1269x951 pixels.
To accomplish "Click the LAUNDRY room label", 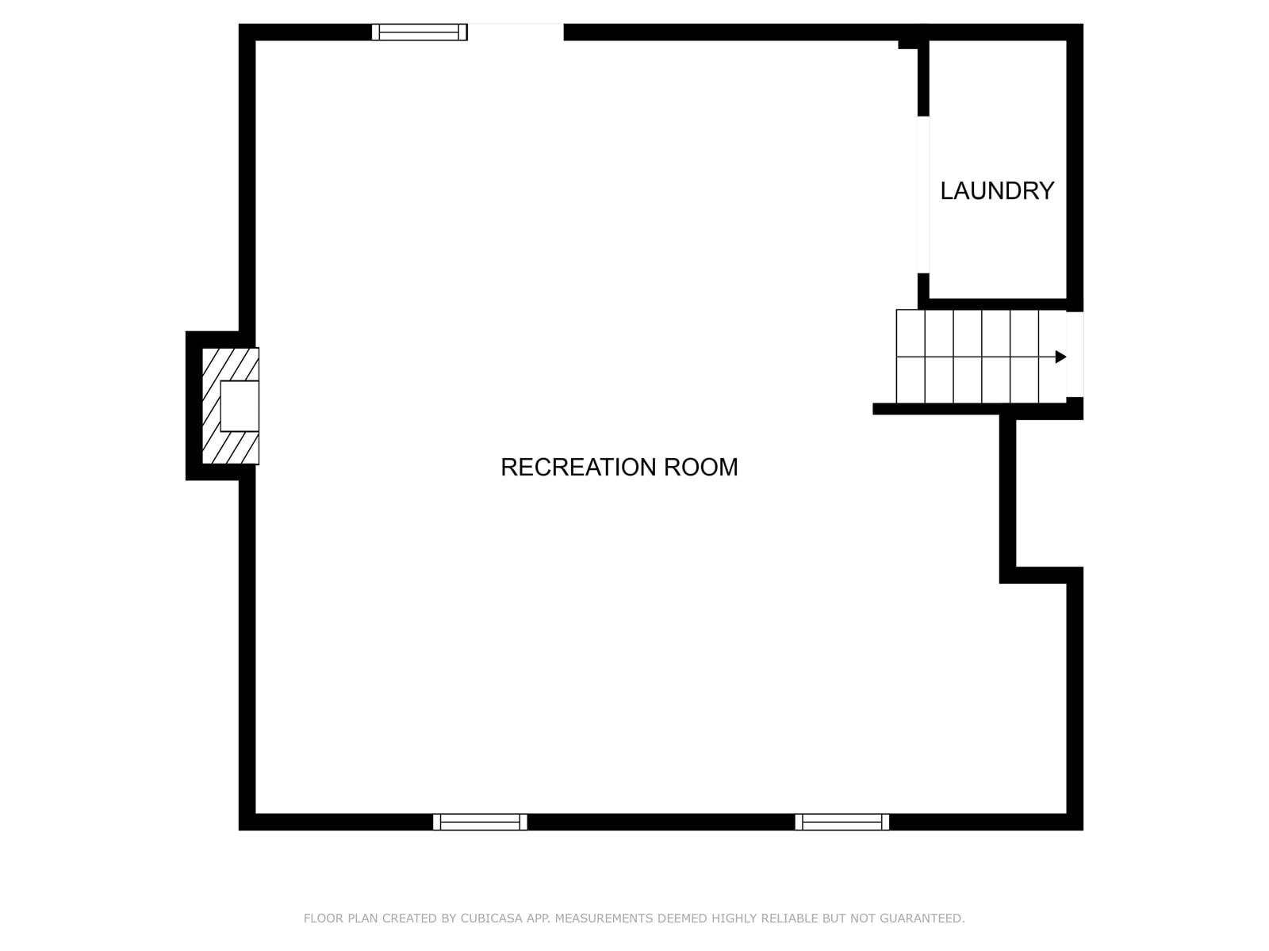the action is click(x=997, y=190).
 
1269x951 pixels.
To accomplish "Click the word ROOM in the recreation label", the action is click(x=700, y=467).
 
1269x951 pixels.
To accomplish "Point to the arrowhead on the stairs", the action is click(x=1060, y=357).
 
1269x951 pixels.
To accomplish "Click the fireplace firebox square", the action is click(x=240, y=405).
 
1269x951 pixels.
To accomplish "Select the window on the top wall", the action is click(x=419, y=32).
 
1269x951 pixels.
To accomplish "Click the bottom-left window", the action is click(x=480, y=822).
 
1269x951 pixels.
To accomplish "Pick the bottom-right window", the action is click(x=842, y=822).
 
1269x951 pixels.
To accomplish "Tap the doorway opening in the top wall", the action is click(x=515, y=32).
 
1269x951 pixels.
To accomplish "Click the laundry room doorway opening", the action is click(x=923, y=195).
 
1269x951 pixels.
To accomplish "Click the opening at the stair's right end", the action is click(x=1075, y=354).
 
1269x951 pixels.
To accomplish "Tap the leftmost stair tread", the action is click(x=911, y=357).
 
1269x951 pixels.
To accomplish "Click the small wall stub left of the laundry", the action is click(x=908, y=44).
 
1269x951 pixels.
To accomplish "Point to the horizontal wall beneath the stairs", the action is click(x=977, y=409).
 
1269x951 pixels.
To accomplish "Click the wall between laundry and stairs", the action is click(x=997, y=304).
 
